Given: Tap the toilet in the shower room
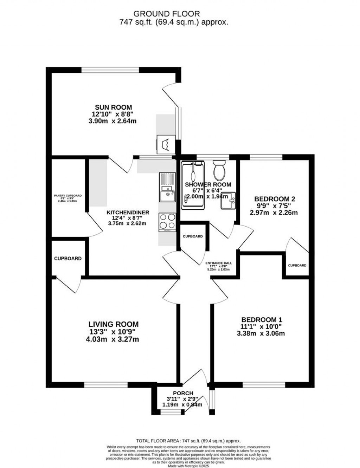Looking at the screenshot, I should (220, 170).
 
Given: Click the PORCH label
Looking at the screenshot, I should (183, 393).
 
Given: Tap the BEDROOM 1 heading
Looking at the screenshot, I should (262, 320).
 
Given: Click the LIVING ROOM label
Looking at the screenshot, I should (113, 324).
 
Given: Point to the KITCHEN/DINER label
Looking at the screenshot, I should (128, 213).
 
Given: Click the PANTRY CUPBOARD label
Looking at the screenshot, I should (68, 196).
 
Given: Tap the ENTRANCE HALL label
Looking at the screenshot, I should (219, 263).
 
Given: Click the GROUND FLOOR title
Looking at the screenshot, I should (167, 14).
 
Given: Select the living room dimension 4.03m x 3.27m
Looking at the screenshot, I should (112, 339).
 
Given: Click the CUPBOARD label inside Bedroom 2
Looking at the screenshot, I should (297, 265).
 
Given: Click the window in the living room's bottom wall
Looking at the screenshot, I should (106, 385).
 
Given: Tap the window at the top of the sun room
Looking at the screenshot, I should (110, 70).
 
